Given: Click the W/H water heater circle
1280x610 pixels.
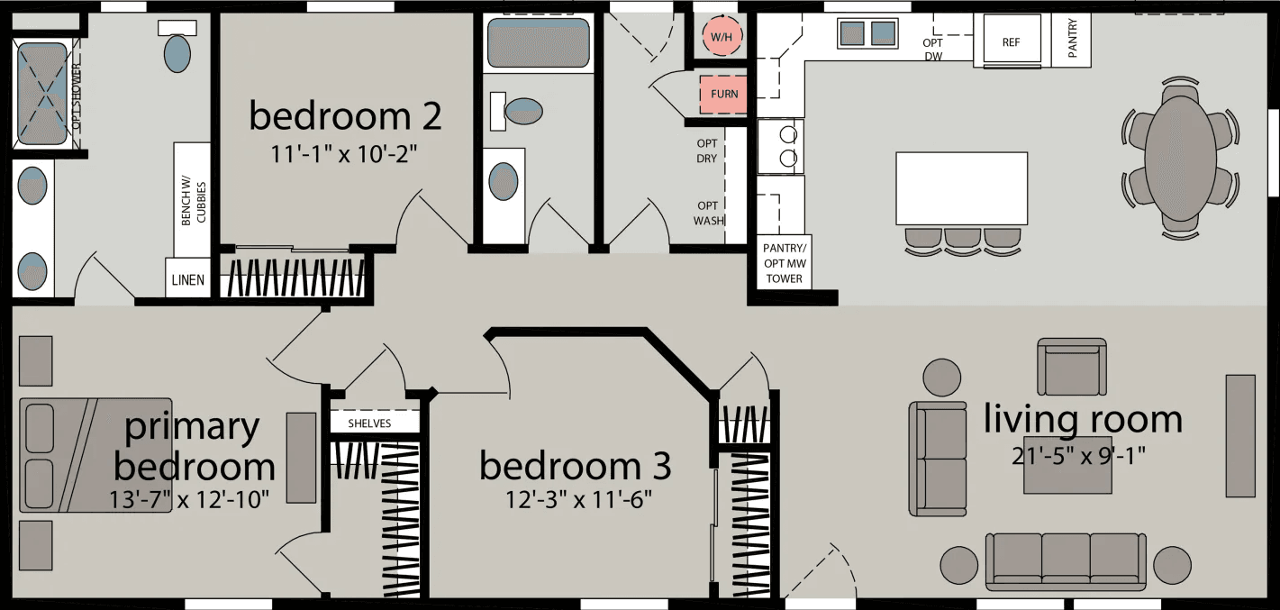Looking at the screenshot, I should (x=722, y=37).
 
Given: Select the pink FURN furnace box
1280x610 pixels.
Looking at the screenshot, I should (x=723, y=94).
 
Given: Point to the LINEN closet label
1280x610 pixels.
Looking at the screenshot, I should (x=187, y=280).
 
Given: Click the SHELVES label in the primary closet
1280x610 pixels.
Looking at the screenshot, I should (x=369, y=423).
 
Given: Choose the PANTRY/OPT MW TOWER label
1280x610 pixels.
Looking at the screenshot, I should (x=783, y=263).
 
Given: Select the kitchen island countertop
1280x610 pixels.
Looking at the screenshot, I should (x=961, y=188).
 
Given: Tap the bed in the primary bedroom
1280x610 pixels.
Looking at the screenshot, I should (x=95, y=455).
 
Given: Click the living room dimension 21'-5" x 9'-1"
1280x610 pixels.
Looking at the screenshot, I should (x=1082, y=455).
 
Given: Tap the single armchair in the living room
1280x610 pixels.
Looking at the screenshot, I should (x=1071, y=367).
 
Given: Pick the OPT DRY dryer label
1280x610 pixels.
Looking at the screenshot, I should (x=707, y=150).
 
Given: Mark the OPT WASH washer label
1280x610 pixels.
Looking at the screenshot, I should (x=707, y=213).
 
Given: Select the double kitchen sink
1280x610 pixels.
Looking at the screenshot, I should (x=868, y=34).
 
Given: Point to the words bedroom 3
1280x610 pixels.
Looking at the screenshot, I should (x=575, y=467).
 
